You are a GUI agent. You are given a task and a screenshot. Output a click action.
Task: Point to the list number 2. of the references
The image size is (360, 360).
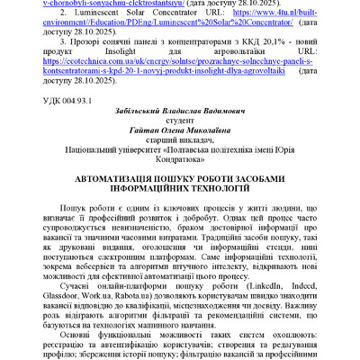coord(74,15)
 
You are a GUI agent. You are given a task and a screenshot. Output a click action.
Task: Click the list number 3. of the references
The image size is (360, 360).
coord(74,41)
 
